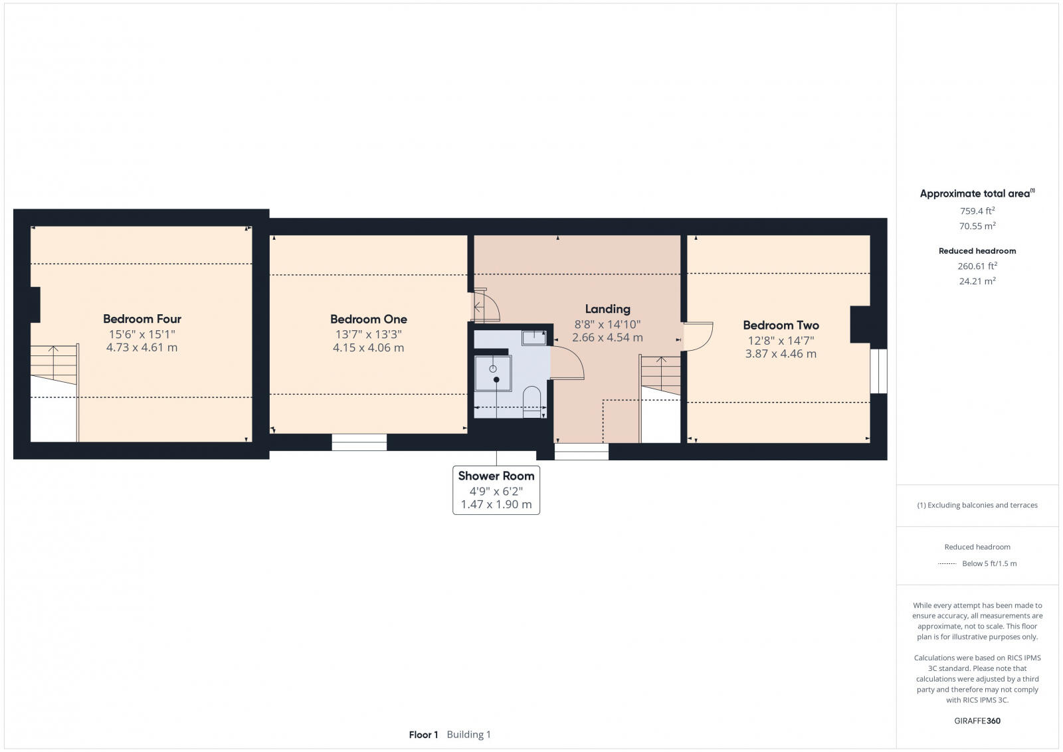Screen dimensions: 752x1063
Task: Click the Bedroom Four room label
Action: point(142,319)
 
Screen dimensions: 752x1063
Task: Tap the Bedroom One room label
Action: point(368,319)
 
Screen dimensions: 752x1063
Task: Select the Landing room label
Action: point(607,309)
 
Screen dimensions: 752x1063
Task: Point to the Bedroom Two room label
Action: point(781,325)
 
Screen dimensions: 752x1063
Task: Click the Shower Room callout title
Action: point(496,476)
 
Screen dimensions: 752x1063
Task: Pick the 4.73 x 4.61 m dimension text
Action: point(142,347)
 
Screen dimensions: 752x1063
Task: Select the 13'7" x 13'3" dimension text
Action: point(368,334)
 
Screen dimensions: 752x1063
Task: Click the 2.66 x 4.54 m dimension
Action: point(607,337)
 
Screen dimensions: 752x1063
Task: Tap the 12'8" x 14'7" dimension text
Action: point(781,341)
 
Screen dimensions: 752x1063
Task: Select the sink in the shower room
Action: point(533,338)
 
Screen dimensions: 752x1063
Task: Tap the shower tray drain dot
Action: point(496,379)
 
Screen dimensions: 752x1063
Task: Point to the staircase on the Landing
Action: point(660,375)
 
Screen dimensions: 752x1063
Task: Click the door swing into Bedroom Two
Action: point(698,336)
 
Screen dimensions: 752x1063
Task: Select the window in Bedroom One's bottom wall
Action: point(359,442)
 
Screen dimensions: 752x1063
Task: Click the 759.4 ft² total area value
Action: point(977,211)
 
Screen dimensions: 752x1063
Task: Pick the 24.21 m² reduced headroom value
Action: point(977,281)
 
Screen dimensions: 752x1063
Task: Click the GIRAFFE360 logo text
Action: point(977,721)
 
